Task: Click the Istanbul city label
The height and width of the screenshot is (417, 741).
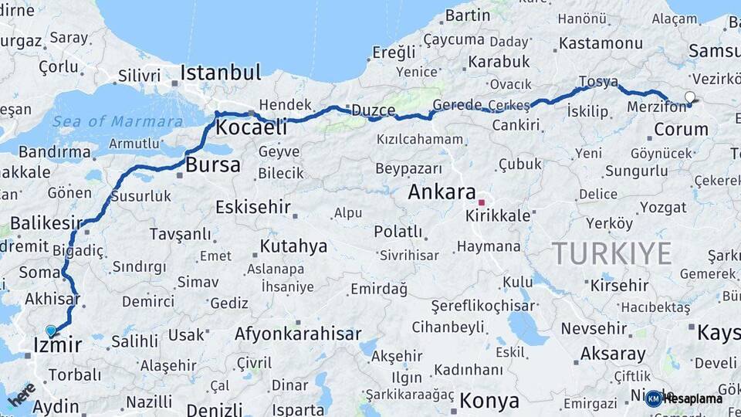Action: coord(220,73)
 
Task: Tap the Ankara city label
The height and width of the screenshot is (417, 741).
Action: coord(442,192)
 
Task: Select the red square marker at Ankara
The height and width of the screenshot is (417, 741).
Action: coord(481,202)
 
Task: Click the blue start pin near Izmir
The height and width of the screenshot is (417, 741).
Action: coord(51,331)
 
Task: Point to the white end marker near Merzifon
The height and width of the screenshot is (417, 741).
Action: coord(689,98)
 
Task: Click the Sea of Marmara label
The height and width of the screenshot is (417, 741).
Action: coord(118,122)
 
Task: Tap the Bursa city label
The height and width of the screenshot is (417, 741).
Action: coord(212,164)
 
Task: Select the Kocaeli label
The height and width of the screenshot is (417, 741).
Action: coord(252,127)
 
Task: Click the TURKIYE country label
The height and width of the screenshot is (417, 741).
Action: coord(611,253)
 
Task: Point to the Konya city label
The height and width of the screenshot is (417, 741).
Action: coord(489,401)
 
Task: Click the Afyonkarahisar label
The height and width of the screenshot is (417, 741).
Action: coord(297,334)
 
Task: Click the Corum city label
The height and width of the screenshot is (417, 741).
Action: coord(681,129)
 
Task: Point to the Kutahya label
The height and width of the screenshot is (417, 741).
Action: coord(293,246)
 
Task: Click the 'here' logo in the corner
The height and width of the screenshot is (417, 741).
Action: coord(21,394)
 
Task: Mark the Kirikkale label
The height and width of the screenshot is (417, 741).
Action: coord(498,216)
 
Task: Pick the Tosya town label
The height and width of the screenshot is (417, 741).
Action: coord(599,82)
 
